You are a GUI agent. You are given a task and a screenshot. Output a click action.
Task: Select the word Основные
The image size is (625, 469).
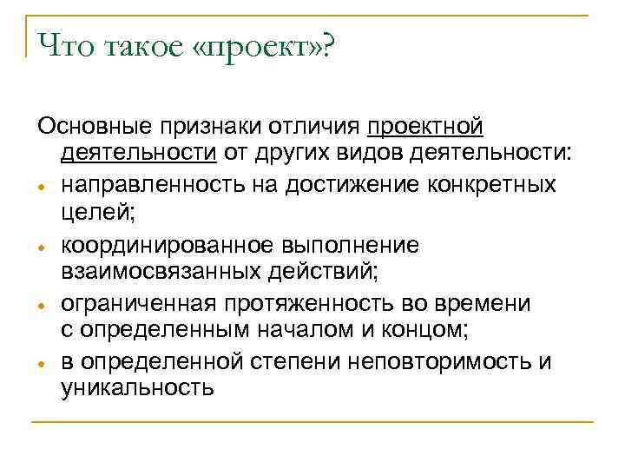[93, 128]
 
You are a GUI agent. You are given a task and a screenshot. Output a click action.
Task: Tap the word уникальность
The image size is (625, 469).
[137, 386]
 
